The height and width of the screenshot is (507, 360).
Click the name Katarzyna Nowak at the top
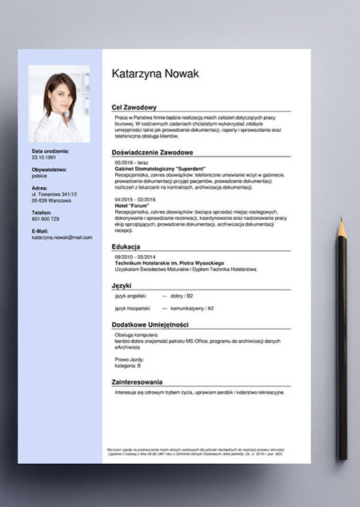(x=155, y=74)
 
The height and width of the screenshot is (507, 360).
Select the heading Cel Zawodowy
(x=134, y=107)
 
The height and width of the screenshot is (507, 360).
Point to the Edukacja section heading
(x=126, y=246)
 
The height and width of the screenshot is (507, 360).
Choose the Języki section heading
(x=122, y=285)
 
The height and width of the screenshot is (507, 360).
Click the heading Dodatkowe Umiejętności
(x=150, y=324)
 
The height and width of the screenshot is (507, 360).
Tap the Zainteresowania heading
(x=137, y=382)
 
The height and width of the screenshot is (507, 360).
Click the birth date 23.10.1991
(x=45, y=158)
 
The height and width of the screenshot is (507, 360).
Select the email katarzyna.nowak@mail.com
(x=62, y=238)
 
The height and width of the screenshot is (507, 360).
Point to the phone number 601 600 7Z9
(x=46, y=218)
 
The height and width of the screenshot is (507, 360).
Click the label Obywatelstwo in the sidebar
(x=50, y=170)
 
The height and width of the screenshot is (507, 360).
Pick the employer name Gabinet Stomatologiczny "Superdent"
(x=165, y=169)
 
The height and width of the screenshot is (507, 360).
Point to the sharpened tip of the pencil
(x=341, y=222)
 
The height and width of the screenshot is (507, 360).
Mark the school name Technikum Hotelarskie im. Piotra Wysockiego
(x=169, y=263)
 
